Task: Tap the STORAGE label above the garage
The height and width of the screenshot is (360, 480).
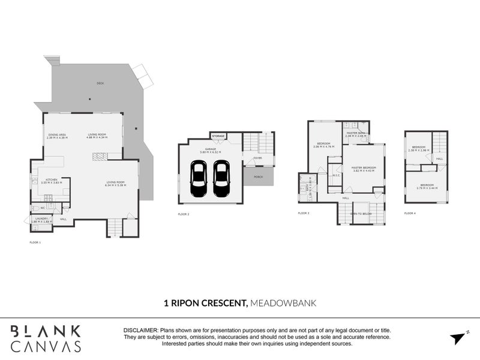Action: [218, 136]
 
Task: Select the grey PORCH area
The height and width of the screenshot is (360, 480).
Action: [258, 176]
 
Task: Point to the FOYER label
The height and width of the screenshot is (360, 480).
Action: [258, 158]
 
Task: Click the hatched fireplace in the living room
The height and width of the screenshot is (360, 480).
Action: [100, 156]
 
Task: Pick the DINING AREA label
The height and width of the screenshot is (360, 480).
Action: [58, 134]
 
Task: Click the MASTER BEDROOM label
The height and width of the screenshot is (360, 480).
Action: [364, 167]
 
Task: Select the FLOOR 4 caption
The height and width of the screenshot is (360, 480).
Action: [410, 213]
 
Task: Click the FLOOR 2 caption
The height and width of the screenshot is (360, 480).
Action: [184, 214]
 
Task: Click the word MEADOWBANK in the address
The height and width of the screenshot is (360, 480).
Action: [283, 304]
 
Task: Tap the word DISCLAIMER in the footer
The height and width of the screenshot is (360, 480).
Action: [140, 331]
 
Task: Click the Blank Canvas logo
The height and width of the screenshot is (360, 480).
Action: [46, 338]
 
